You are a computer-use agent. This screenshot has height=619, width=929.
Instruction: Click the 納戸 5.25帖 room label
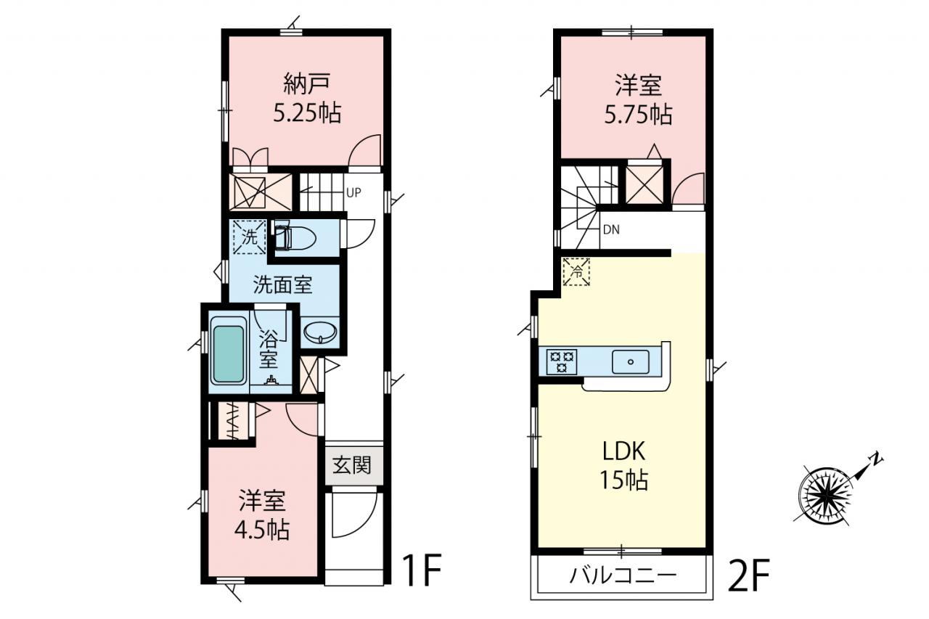(307, 98)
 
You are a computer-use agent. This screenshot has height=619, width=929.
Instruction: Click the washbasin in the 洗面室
(320, 333)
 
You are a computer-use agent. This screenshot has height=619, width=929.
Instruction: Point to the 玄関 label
(352, 466)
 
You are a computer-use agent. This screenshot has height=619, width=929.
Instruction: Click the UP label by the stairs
(353, 192)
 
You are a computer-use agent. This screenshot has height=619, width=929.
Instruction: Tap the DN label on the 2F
(611, 230)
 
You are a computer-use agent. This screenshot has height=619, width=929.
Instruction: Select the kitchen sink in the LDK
(631, 362)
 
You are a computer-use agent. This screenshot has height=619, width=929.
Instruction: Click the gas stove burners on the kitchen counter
(562, 361)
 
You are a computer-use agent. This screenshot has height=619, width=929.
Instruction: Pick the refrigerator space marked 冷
(576, 272)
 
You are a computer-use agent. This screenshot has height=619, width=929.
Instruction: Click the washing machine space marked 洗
(249, 237)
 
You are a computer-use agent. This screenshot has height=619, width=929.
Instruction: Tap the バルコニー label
(623, 575)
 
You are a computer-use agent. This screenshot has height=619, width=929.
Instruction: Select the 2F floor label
(748, 575)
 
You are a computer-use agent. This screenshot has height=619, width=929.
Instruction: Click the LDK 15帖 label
(623, 466)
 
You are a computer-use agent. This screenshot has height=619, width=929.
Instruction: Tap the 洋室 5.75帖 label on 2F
(638, 99)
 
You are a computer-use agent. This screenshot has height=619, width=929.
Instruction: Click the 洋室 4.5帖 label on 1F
(262, 515)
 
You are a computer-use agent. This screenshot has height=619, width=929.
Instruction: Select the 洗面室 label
(282, 285)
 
